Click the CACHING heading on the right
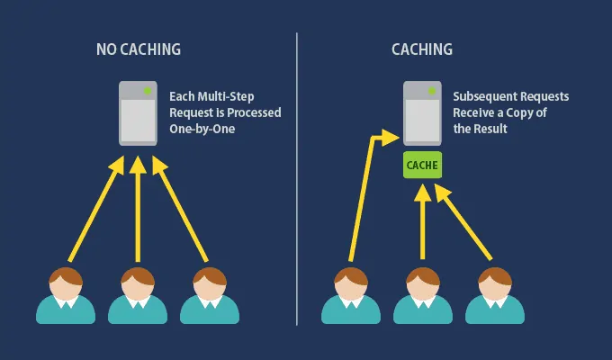coord(423,49)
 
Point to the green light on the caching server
coord(434,90)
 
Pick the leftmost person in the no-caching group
coord(65,292)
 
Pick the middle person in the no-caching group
coord(137,292)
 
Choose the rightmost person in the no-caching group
coord(209,292)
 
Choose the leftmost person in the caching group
coord(350,292)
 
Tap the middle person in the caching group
coord(422,292)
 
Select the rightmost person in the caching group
coord(494,292)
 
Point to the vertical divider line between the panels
coord(297,180)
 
